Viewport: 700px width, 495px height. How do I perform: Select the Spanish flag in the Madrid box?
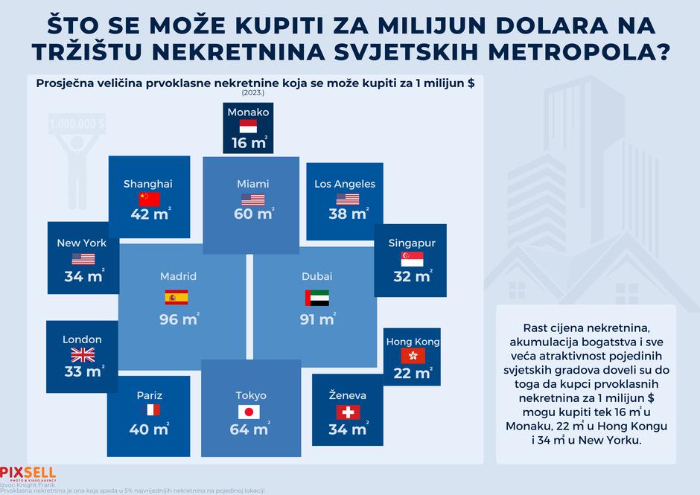tap(176, 298)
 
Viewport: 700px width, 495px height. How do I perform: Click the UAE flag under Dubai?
tap(316, 298)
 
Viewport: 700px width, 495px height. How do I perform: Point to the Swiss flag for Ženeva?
tap(348, 412)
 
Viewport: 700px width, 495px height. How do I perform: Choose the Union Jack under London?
tap(83, 354)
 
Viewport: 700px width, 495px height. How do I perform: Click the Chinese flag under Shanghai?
tap(149, 199)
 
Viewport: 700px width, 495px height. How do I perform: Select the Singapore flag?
tap(412, 258)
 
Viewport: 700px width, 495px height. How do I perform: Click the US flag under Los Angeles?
tap(348, 199)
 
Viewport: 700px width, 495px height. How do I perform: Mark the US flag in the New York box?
tap(83, 258)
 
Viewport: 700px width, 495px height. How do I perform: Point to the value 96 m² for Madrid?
tap(179, 320)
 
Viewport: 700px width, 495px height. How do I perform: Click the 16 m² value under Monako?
tap(249, 142)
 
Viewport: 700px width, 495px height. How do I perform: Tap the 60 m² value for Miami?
tap(253, 215)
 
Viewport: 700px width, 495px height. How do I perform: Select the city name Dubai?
tap(317, 276)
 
